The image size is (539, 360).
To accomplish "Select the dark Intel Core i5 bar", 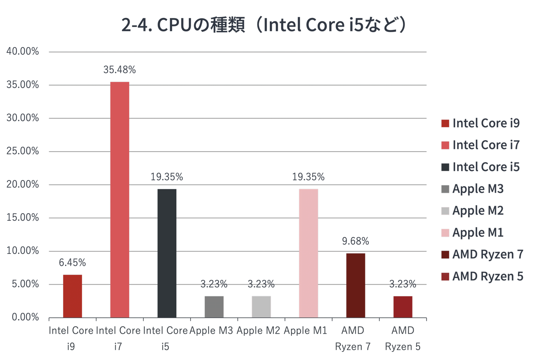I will [167, 253].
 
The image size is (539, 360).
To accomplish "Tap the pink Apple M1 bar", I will [308, 253].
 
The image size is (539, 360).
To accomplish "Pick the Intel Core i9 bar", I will [73, 296].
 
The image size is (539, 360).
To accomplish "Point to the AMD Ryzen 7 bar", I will [356, 285].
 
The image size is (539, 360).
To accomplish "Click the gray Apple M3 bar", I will [214, 307].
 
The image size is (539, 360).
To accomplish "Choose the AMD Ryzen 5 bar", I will [403, 307].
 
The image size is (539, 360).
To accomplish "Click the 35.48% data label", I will [120, 70].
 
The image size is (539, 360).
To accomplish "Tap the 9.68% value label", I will [356, 241].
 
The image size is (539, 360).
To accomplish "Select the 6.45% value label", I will [73, 263].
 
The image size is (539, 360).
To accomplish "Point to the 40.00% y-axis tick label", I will [23, 52].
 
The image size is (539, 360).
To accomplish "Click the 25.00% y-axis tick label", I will [23, 151].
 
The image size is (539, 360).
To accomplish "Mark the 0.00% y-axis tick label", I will [25, 317].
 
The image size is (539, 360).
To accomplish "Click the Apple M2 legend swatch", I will [445, 211].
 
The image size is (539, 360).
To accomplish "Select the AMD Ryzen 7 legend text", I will [488, 254].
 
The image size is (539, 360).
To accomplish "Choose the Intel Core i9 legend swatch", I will [445, 123].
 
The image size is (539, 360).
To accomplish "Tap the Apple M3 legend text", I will [478, 189].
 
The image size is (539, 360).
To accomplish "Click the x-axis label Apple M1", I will [305, 330].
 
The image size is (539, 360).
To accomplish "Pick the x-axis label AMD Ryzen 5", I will [403, 338].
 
